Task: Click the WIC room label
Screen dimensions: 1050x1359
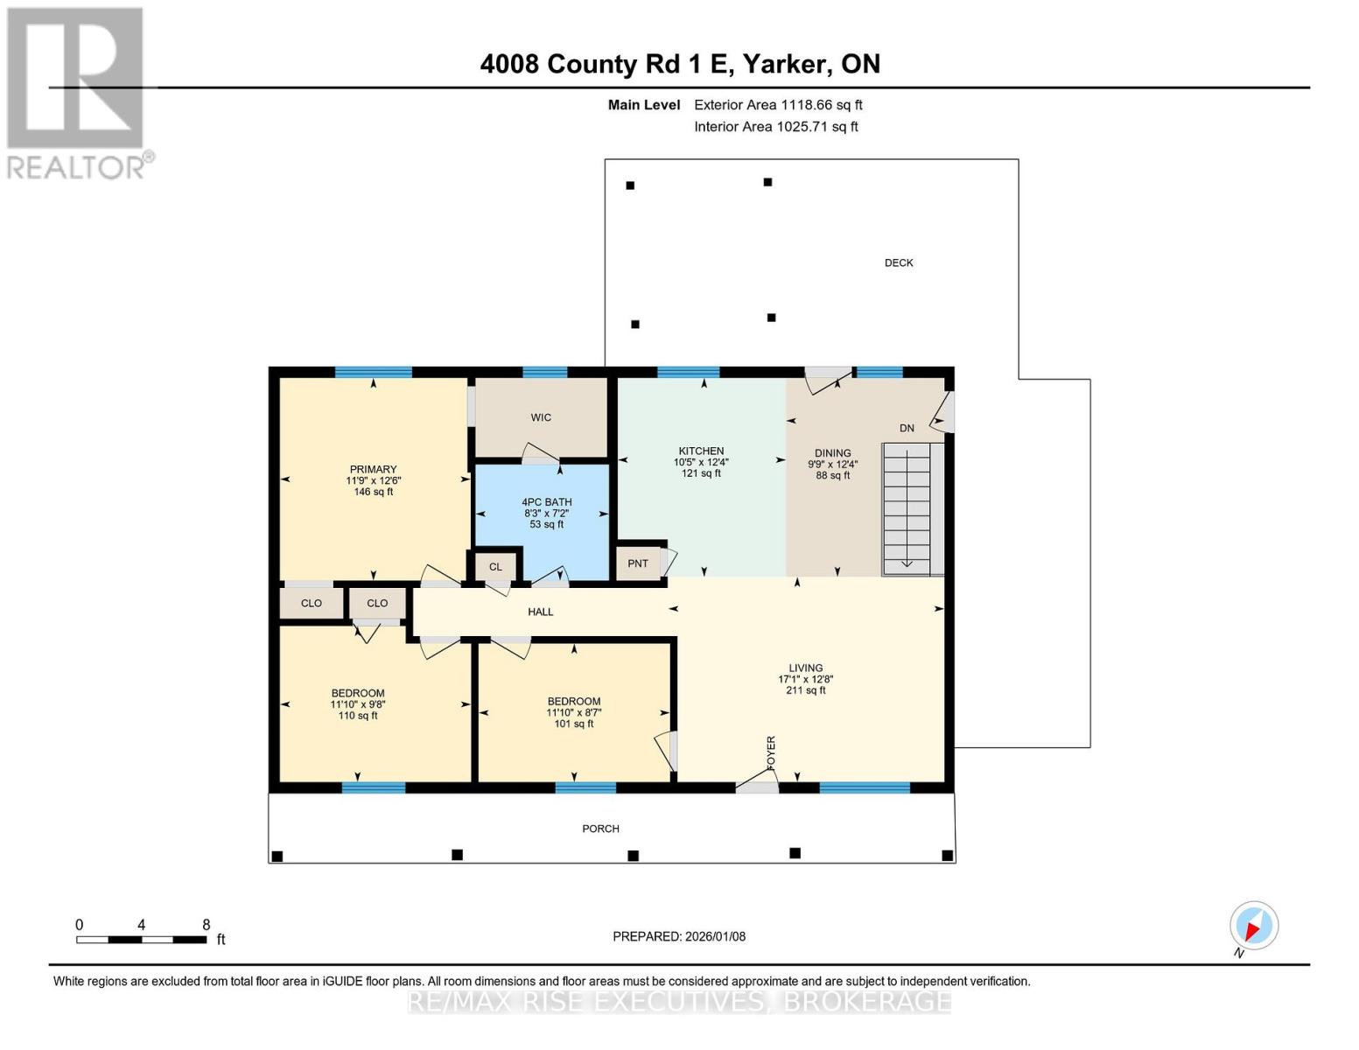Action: point(541,417)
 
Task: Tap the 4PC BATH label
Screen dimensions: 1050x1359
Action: point(547,502)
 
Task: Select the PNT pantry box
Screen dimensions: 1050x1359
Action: point(638,563)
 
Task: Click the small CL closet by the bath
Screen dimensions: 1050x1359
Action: point(495,567)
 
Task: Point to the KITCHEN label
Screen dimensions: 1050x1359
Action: point(701,451)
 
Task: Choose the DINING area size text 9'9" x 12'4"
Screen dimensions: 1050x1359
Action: point(832,465)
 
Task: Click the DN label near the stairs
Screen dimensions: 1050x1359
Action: point(907,428)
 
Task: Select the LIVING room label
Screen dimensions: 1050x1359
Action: point(805,668)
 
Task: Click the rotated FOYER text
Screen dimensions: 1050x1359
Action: point(771,752)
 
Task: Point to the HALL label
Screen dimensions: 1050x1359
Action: point(541,612)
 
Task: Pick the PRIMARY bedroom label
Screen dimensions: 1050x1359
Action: point(373,469)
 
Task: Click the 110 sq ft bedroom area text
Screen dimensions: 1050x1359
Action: point(358,716)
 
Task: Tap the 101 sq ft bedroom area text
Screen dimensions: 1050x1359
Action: point(574,724)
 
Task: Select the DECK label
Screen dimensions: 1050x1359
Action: point(899,262)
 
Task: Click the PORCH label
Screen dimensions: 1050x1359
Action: point(600,829)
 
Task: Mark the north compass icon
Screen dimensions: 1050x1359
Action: point(1253,926)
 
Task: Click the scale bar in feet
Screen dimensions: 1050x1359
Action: point(141,940)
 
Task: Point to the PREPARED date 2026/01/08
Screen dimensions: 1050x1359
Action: point(679,936)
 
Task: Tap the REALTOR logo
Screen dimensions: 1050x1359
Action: point(76,92)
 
